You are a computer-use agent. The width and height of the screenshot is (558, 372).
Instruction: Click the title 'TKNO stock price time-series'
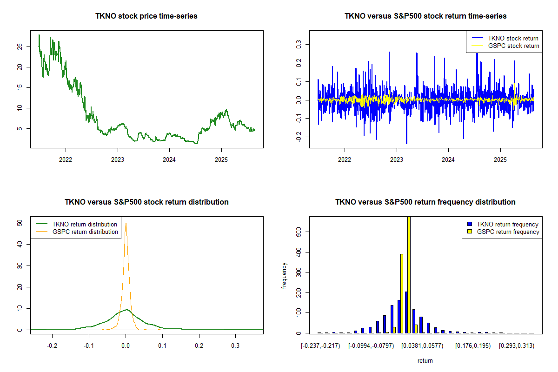(146, 16)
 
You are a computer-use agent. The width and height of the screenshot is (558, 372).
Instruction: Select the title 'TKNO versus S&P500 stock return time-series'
(425, 16)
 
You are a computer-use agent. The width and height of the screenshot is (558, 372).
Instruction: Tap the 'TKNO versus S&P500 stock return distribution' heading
(146, 202)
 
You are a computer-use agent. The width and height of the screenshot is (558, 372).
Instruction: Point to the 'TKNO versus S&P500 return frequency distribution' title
(425, 202)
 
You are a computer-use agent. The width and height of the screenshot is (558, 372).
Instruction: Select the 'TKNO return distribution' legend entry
(85, 224)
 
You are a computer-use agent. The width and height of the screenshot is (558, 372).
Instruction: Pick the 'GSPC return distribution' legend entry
(85, 232)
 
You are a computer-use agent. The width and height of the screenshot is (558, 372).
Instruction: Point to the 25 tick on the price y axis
(19, 47)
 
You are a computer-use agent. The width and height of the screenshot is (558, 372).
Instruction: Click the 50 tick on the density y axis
(19, 223)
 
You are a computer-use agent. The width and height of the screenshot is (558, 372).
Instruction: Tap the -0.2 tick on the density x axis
(52, 346)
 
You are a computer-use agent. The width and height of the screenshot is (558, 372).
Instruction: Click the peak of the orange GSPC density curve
(126, 223)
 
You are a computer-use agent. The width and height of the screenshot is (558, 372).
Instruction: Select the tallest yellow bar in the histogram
(409, 274)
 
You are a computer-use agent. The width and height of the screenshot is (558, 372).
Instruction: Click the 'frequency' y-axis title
(284, 275)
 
